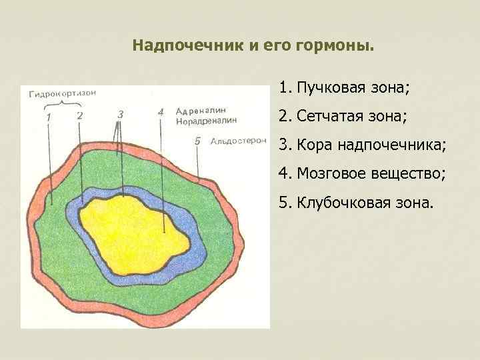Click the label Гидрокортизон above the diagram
pyautogui.click(x=61, y=93)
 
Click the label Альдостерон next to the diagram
pyautogui.click(x=238, y=141)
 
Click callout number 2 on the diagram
pyautogui.click(x=79, y=115)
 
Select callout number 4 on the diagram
pyautogui.click(x=161, y=112)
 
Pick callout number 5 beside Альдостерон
pyautogui.click(x=197, y=141)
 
